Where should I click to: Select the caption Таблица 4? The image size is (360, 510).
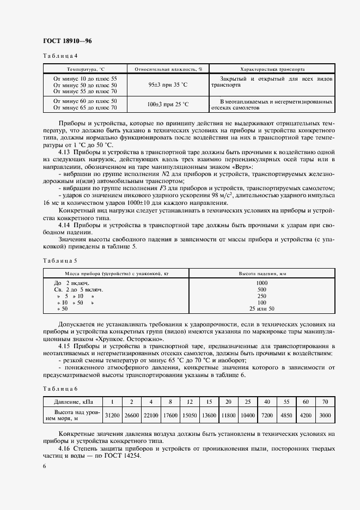[60, 56]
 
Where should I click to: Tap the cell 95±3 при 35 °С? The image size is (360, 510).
[168, 86]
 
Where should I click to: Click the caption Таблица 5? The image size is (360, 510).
[60, 260]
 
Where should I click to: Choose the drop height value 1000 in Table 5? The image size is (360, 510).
[262, 283]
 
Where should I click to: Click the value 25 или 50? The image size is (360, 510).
[262, 309]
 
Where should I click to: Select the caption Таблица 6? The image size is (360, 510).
[60, 388]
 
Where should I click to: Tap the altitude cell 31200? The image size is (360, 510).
[113, 415]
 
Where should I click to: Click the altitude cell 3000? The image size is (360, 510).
[325, 415]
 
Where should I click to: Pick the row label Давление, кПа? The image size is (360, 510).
[73, 402]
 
